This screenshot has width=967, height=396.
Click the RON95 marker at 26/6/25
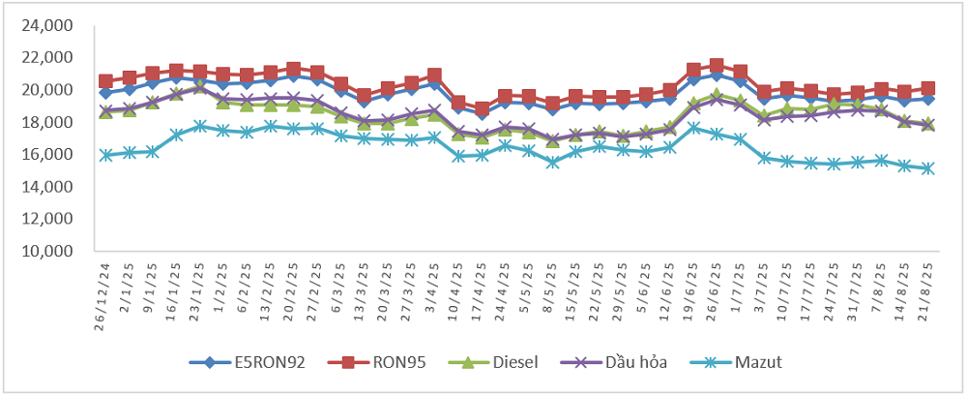(717, 66)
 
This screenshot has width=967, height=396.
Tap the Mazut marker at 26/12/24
(105, 155)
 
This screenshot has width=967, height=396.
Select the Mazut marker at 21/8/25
(927, 168)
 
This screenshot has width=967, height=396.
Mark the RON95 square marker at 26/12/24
(105, 81)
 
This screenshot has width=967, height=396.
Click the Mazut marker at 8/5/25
(552, 162)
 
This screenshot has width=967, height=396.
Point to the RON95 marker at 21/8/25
(927, 88)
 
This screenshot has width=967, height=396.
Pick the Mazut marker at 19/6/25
(693, 127)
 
